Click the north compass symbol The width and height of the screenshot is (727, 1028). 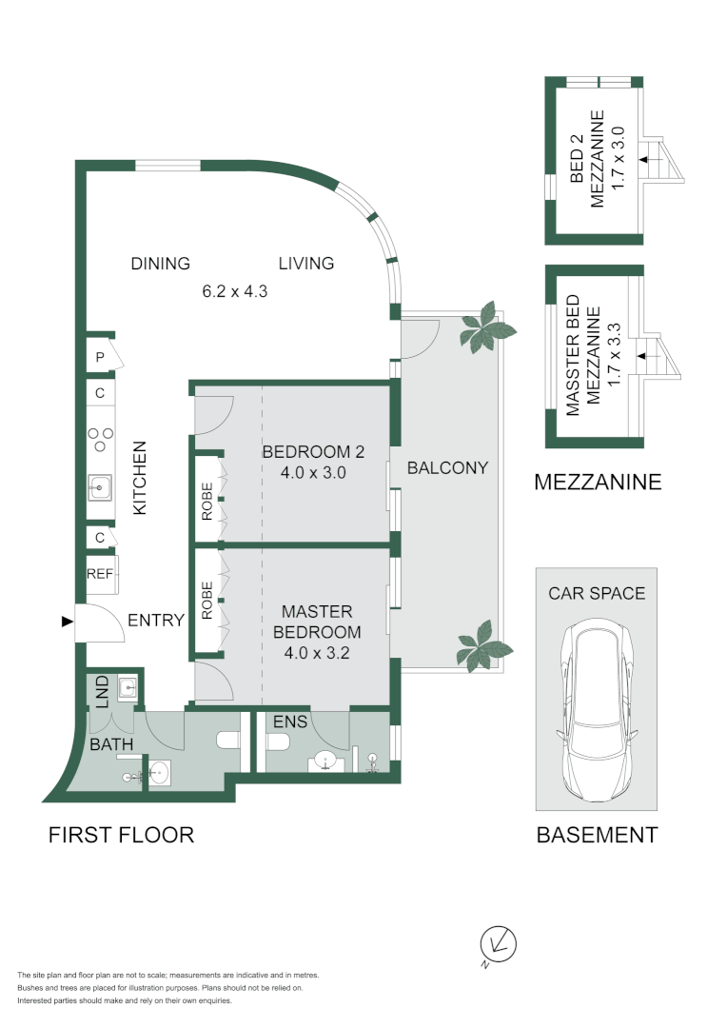(x=499, y=944)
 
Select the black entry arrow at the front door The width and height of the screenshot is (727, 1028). (x=67, y=622)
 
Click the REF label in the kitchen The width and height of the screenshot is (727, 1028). (x=100, y=574)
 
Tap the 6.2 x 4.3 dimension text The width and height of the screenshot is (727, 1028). (x=234, y=292)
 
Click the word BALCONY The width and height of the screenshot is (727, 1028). (x=447, y=467)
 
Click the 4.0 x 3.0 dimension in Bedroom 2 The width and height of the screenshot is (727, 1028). (x=313, y=472)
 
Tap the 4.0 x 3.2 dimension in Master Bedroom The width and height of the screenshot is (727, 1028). (x=317, y=653)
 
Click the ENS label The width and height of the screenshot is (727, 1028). (x=289, y=722)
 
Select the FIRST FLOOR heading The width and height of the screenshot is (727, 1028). (x=121, y=835)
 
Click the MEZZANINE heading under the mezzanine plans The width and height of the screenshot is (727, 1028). (x=598, y=482)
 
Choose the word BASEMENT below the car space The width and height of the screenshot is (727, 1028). (x=597, y=835)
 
